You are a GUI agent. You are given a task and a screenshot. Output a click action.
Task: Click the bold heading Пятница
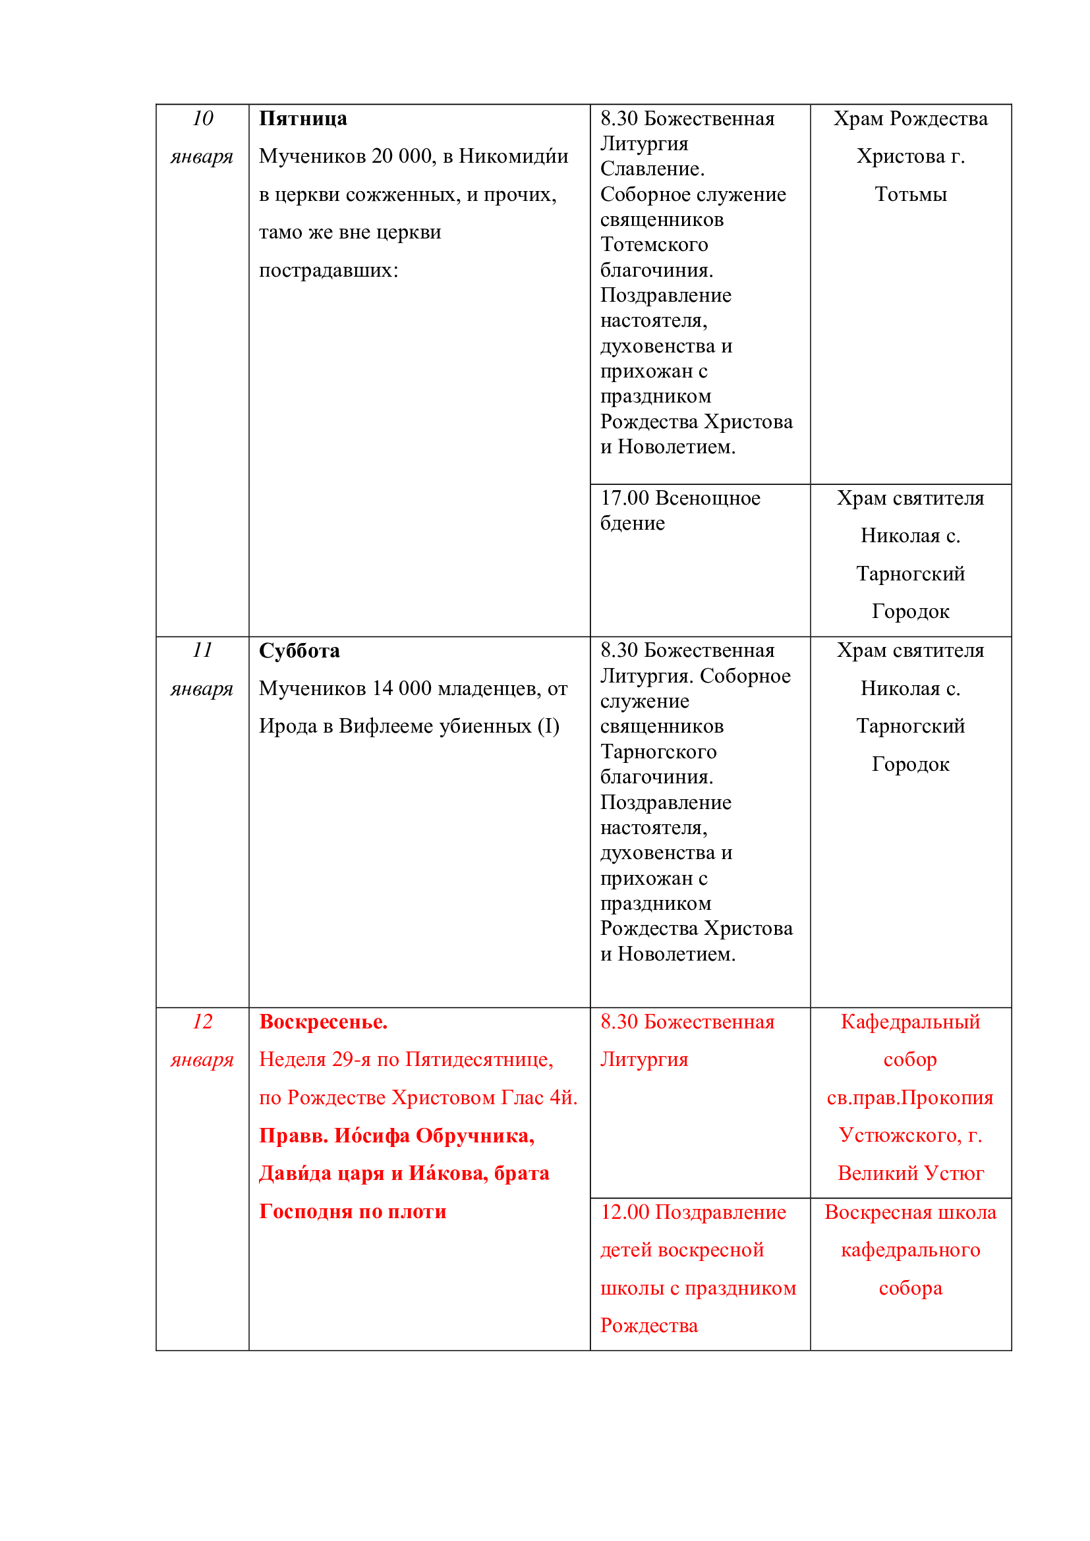click(302, 119)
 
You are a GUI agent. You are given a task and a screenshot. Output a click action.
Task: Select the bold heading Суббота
click(299, 650)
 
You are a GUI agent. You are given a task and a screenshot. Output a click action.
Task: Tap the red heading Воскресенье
click(323, 1022)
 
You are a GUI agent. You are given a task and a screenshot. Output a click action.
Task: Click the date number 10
click(202, 118)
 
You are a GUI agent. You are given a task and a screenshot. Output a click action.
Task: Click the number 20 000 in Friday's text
click(402, 156)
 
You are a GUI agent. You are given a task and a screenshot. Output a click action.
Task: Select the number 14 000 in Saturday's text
click(402, 688)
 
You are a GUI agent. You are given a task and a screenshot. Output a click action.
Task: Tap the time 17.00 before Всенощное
click(624, 498)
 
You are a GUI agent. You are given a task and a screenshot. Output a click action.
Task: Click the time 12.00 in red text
click(624, 1212)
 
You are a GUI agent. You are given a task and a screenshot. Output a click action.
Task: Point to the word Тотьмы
click(910, 194)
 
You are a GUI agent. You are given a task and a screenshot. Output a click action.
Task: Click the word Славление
click(652, 169)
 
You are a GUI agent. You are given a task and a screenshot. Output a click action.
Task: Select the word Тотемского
click(654, 245)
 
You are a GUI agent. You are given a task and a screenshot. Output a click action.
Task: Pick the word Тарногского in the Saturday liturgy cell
click(658, 752)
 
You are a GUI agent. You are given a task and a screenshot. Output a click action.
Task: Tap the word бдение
click(632, 524)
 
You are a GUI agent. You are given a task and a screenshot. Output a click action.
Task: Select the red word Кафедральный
click(910, 1022)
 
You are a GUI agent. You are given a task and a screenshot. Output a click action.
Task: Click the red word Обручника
click(474, 1136)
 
